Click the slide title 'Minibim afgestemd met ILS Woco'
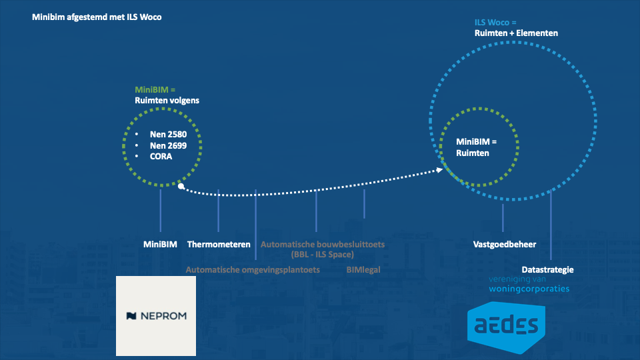(x=97, y=17)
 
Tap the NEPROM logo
(x=156, y=315)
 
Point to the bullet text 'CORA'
(x=161, y=157)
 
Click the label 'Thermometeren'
(x=219, y=245)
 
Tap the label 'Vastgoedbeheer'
(x=505, y=245)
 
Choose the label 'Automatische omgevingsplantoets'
(x=253, y=270)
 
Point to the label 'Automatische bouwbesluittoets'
(x=323, y=245)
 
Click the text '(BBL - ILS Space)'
(x=323, y=254)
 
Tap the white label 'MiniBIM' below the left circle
(x=160, y=245)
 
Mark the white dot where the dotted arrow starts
(x=181, y=186)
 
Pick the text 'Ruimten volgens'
(x=167, y=101)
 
